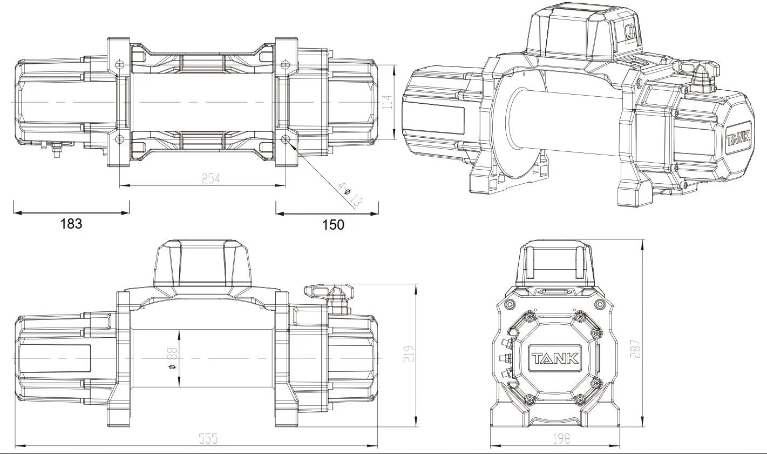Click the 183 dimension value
click(71, 223)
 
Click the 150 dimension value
click(333, 224)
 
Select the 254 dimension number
click(211, 178)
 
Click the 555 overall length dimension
click(208, 439)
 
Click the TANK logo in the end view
click(554, 358)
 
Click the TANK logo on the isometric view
click(738, 136)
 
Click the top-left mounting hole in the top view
click(119, 64)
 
